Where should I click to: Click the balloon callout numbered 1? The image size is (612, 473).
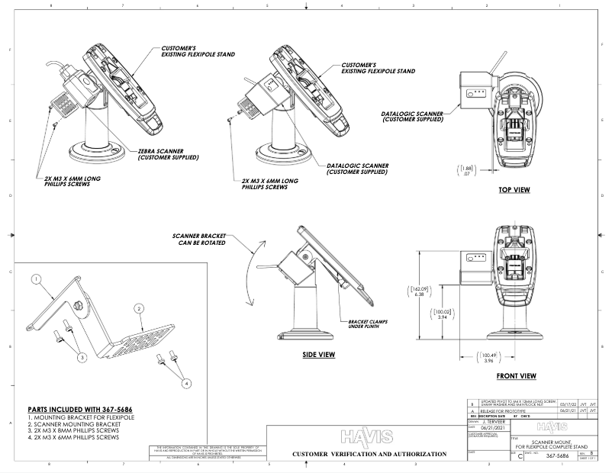click(35, 280)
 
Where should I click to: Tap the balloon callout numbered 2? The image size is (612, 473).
click(139, 308)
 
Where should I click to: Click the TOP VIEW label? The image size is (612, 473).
click(514, 189)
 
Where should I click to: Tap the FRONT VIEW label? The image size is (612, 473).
click(516, 375)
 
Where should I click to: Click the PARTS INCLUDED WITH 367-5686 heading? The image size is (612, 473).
click(77, 409)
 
